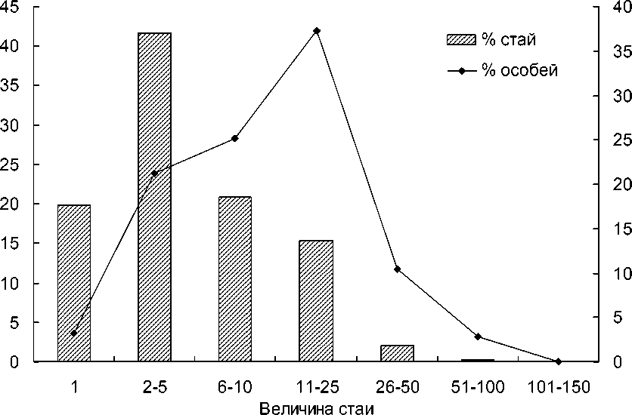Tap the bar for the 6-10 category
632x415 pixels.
[235, 279]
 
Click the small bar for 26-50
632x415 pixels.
[397, 353]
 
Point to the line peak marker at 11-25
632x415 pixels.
[316, 31]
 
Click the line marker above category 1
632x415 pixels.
[74, 333]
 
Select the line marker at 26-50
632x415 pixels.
[397, 269]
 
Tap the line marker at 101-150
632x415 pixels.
[558, 361]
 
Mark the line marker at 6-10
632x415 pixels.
[235, 138]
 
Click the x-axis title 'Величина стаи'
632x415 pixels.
[316, 408]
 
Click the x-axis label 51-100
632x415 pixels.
[477, 386]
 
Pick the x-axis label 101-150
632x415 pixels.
[558, 386]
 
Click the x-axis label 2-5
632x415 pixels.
[154, 386]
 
